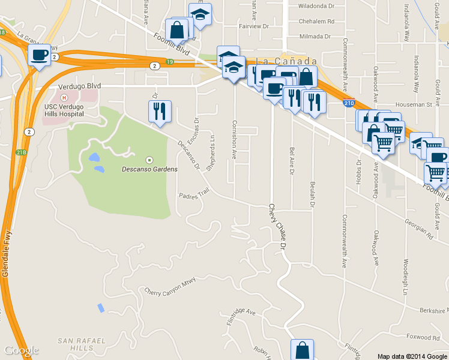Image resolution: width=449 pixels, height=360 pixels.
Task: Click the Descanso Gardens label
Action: pos(150,169)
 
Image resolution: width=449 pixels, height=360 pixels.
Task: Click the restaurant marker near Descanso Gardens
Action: pos(160,111)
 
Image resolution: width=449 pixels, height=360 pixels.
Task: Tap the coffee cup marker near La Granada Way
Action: pos(40,56)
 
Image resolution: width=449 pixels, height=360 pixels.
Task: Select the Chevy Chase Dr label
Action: pos(277,223)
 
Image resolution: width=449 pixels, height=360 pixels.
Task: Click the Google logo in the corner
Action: pos(21,350)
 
